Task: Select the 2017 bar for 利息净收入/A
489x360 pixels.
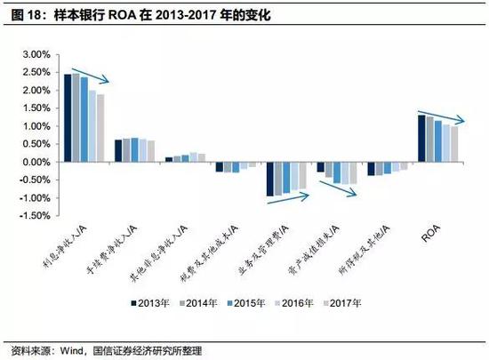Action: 100,128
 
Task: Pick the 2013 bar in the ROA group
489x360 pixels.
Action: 421,139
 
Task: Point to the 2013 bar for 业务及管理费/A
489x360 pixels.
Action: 269,179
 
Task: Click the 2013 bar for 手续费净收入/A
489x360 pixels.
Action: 117,151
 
